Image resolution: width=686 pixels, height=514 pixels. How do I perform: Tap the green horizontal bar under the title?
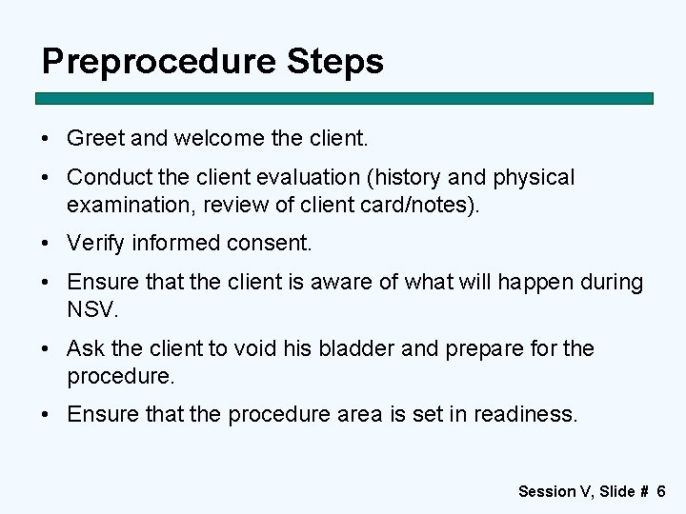[x=344, y=98]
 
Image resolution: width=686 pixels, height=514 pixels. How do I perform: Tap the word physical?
[x=531, y=178]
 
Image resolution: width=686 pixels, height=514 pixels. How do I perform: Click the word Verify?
[x=95, y=244]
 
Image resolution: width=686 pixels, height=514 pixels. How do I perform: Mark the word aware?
[x=368, y=283]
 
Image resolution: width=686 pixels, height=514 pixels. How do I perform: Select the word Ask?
[x=84, y=348]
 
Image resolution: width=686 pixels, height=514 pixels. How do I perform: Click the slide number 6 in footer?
[x=661, y=491]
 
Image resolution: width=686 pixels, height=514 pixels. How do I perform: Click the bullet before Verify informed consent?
[x=47, y=244]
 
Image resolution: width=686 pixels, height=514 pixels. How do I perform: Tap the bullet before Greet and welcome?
[x=47, y=138]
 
